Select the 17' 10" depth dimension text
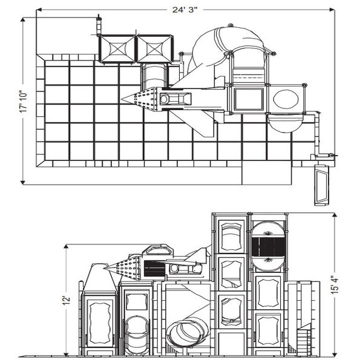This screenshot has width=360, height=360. (x=22, y=100)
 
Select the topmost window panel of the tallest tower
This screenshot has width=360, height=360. (x=230, y=237)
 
